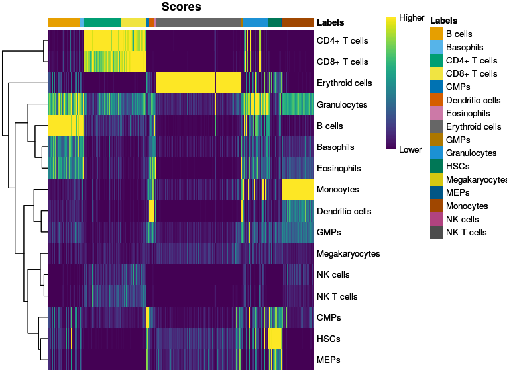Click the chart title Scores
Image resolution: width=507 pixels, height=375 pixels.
pyautogui.click(x=181, y=7)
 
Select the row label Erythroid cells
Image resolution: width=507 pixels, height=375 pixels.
pyautogui.click(x=345, y=83)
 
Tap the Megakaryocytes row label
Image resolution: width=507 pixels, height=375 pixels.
pyautogui.click(x=348, y=253)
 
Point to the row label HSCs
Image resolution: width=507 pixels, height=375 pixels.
pyautogui.click(x=329, y=339)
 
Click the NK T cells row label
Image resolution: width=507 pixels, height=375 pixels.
pyautogui.click(x=337, y=296)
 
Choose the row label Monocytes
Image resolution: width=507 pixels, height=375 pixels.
pyautogui.click(x=337, y=190)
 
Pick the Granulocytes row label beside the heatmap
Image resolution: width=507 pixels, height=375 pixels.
pyautogui.click(x=342, y=105)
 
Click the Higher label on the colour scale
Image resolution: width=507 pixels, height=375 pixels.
pyautogui.click(x=411, y=18)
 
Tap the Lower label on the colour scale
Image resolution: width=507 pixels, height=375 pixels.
pyautogui.click(x=410, y=150)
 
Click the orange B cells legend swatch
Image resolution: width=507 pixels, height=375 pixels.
pyautogui.click(x=436, y=34)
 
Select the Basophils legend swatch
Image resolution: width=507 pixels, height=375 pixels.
pyautogui.click(x=436, y=47)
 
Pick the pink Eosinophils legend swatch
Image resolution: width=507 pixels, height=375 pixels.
pyautogui.click(x=436, y=113)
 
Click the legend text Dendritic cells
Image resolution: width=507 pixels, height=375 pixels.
pyautogui.click(x=473, y=100)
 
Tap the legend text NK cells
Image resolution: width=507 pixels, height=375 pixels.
pyautogui.click(x=463, y=219)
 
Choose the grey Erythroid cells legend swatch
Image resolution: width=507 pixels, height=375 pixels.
pyautogui.click(x=436, y=126)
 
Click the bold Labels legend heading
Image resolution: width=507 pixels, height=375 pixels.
pyautogui.click(x=443, y=21)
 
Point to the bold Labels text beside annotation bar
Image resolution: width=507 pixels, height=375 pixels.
pyautogui.click(x=330, y=22)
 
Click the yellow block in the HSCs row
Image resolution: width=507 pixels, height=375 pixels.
pyautogui.click(x=275, y=339)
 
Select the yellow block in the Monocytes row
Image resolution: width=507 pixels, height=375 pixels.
pyautogui.click(x=298, y=190)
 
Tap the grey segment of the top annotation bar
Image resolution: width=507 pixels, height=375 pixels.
pyautogui.click(x=198, y=22)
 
